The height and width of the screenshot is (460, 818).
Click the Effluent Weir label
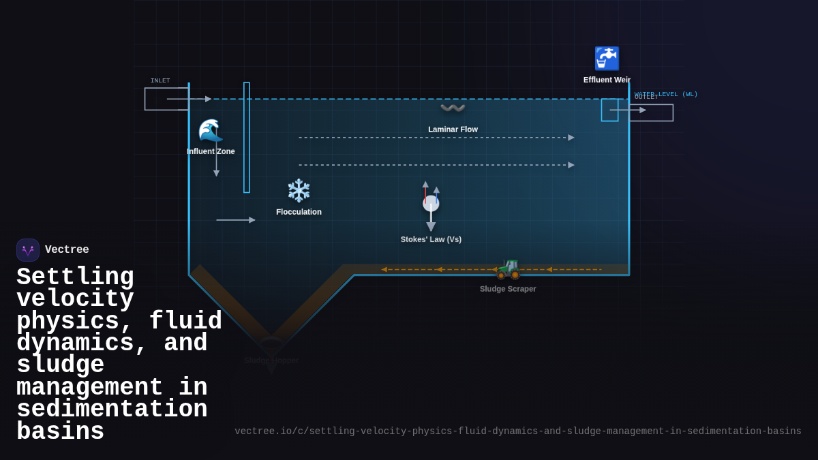[x=607, y=80]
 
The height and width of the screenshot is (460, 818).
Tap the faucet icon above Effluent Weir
[x=607, y=59]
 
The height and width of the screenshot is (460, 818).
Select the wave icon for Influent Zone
[x=211, y=130]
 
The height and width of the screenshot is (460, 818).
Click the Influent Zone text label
[x=211, y=151]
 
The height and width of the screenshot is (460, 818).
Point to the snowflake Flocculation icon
[x=299, y=191]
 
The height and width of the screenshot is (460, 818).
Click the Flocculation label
[x=299, y=212]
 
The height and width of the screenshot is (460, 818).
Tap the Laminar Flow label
[x=453, y=129]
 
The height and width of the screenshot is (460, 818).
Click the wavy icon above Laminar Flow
[x=453, y=108]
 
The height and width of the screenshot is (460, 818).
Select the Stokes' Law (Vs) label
[x=431, y=239]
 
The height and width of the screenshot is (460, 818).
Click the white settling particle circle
[x=431, y=203]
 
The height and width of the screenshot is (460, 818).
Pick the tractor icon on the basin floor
[x=508, y=269]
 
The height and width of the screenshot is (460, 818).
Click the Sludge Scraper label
[x=508, y=289]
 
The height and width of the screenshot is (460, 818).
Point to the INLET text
[x=160, y=80]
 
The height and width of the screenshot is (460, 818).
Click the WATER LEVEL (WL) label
[x=666, y=94]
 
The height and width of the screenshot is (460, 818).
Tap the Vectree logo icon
[x=28, y=250]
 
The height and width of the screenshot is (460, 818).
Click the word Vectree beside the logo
[x=67, y=250]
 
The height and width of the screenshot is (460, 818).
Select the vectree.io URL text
[x=518, y=431]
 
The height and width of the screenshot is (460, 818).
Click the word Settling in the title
[x=75, y=277]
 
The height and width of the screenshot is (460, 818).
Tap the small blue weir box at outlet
[x=609, y=110]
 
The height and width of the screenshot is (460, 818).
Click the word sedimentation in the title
[x=112, y=410]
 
